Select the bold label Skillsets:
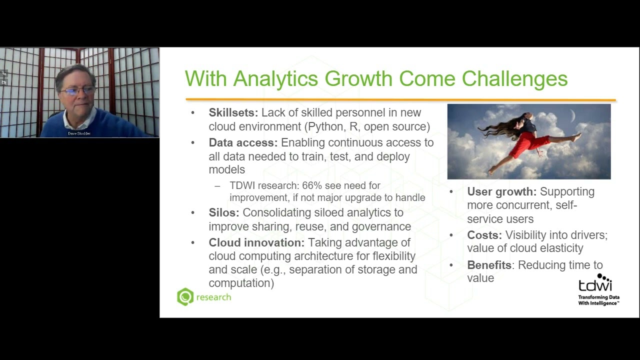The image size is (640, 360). [233, 113]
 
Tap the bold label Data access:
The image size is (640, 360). [243, 143]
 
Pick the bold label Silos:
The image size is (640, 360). [224, 213]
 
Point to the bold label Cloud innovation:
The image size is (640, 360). [256, 243]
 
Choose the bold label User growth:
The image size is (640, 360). [501, 192]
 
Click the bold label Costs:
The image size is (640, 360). [484, 235]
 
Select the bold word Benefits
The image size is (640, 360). [489, 265]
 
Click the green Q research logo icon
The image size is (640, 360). [185, 297]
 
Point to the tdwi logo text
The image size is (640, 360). [594, 285]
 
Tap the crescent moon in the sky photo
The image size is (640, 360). [573, 116]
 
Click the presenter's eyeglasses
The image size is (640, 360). [78, 90]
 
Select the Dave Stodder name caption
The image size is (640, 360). [79, 133]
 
